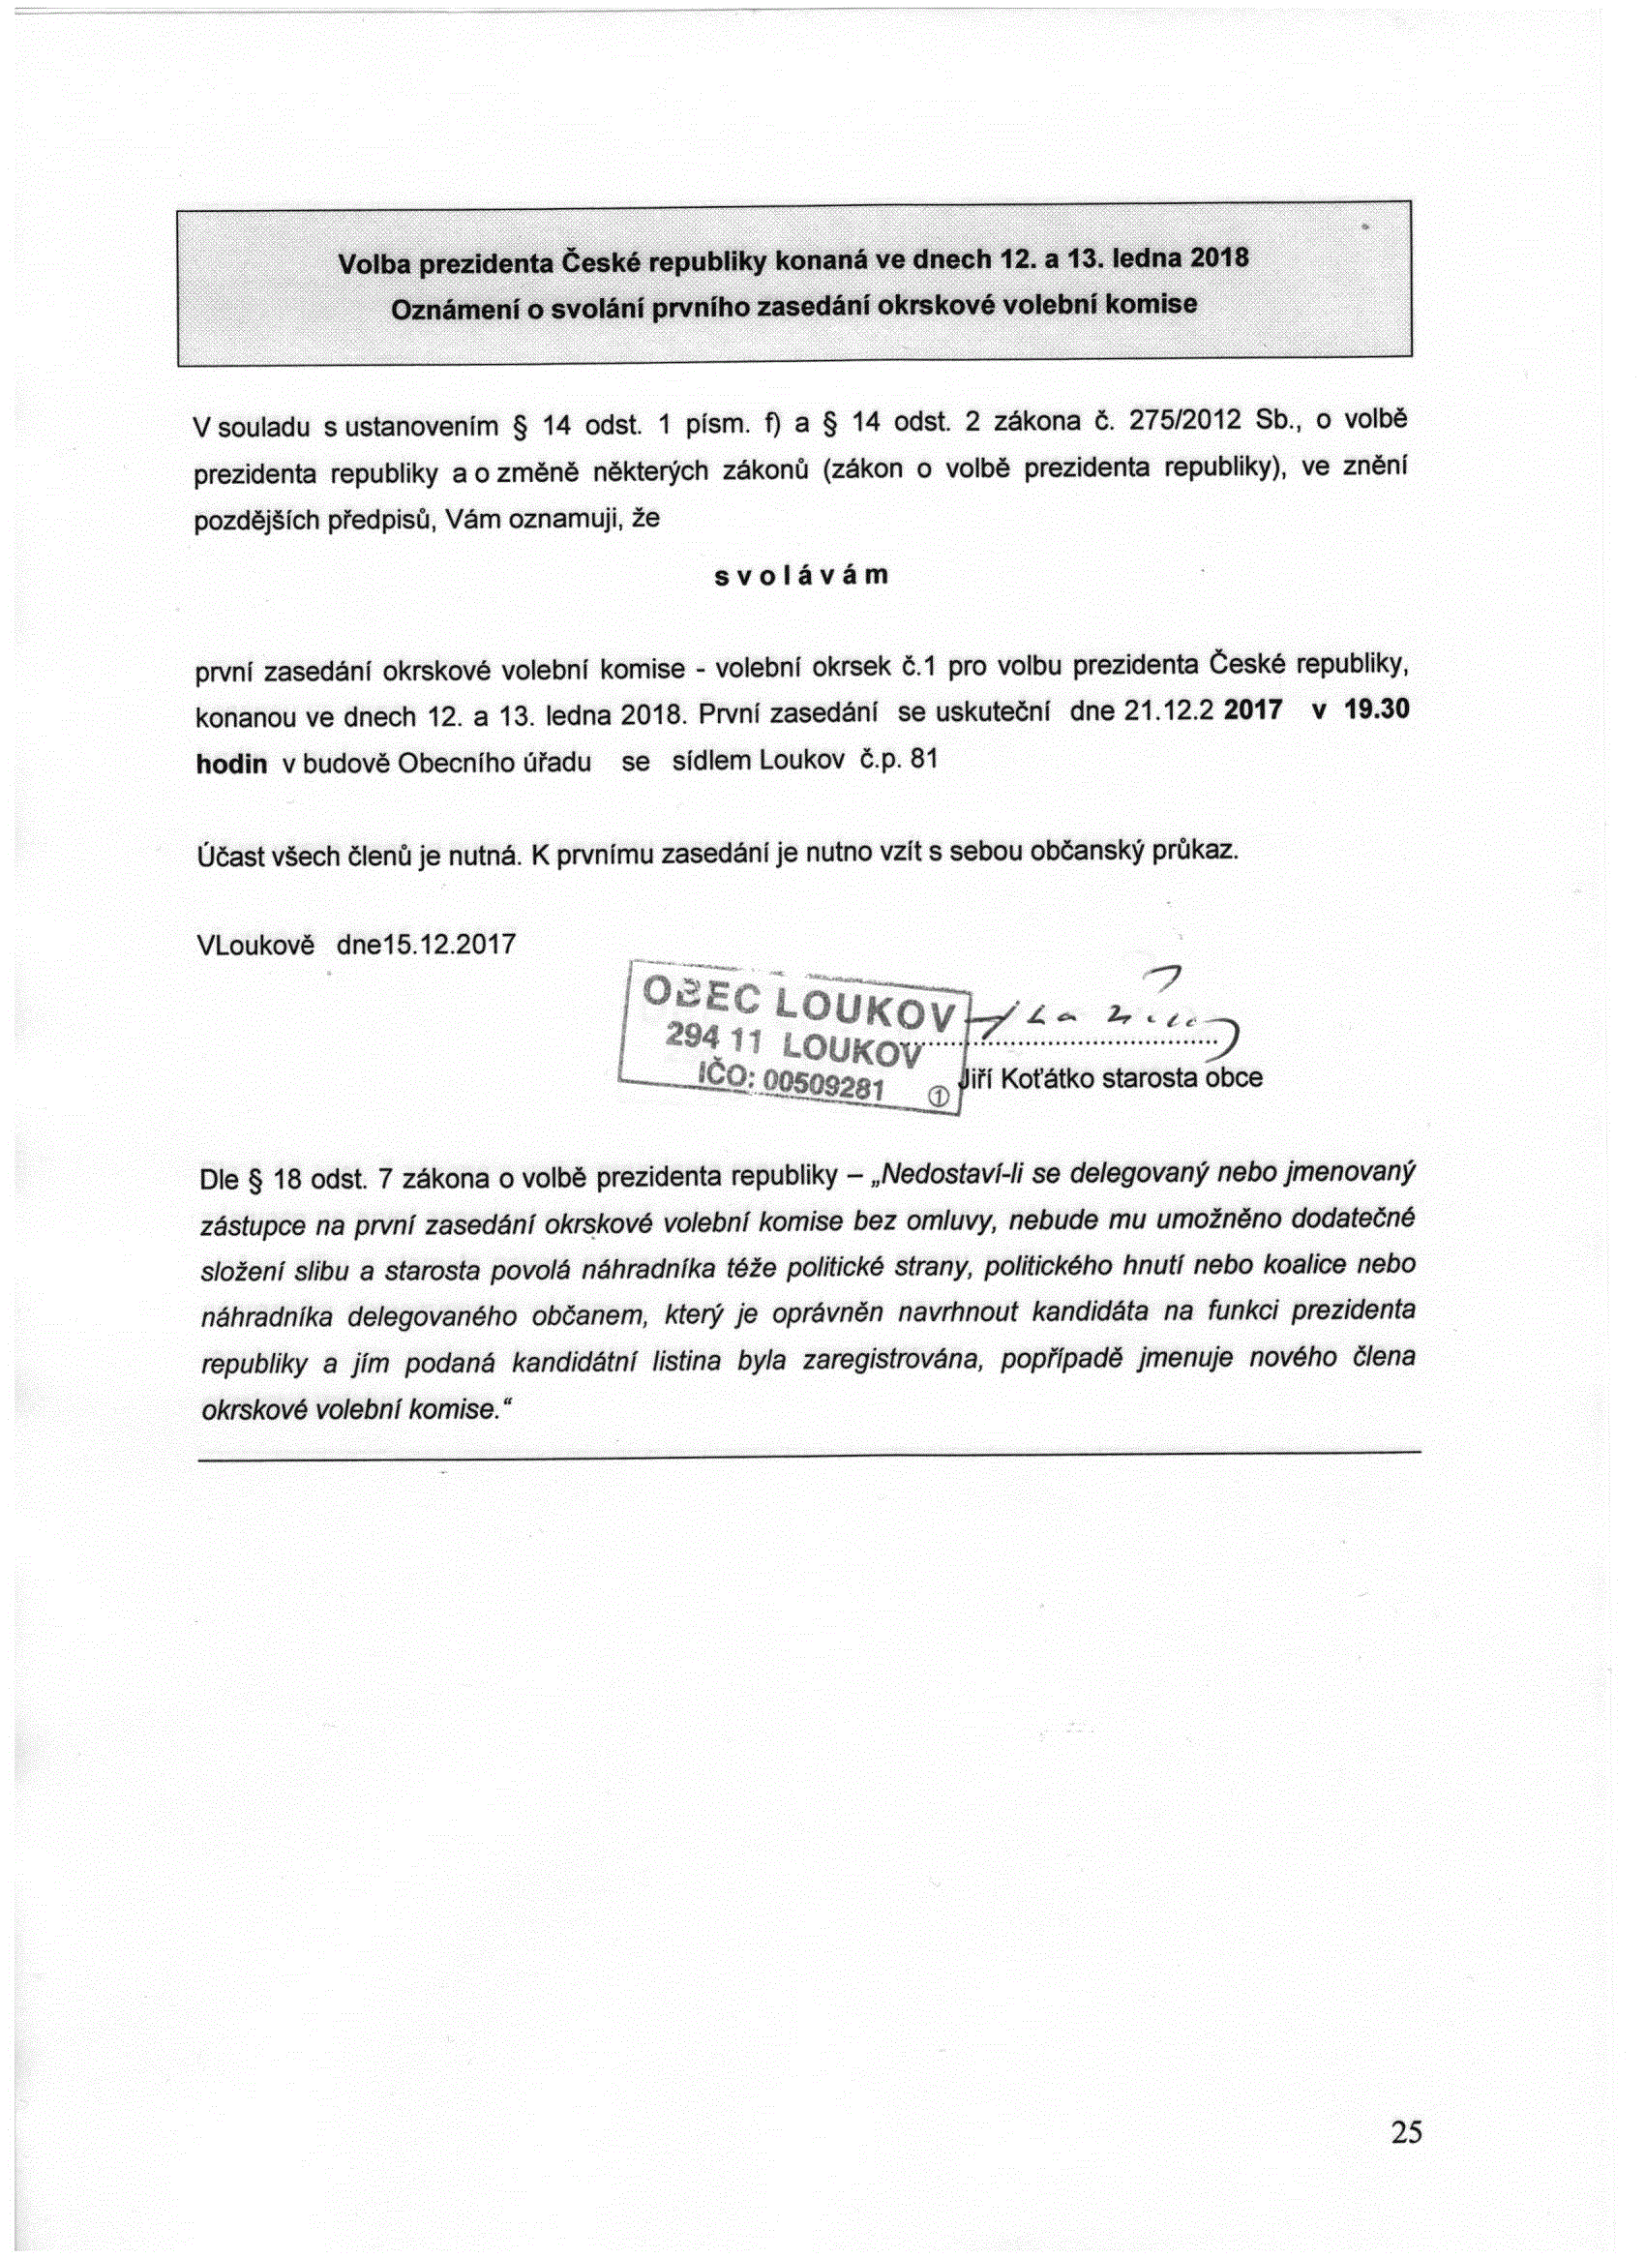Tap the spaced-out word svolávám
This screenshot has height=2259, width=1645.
(800, 578)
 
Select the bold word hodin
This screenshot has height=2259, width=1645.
(232, 764)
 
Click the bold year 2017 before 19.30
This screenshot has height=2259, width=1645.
(1253, 714)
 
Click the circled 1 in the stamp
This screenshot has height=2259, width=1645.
(937, 1094)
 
